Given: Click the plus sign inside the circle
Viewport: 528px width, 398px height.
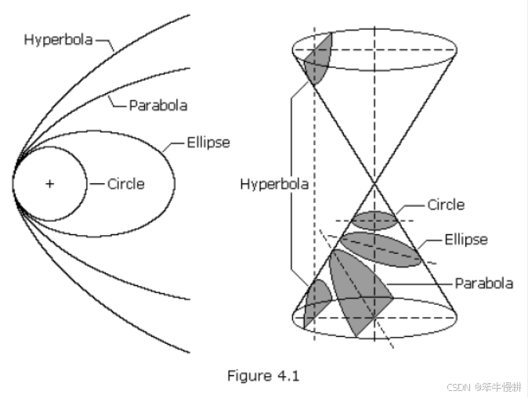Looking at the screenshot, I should tap(50, 184).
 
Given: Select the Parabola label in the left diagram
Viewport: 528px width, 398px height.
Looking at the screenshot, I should tap(157, 104).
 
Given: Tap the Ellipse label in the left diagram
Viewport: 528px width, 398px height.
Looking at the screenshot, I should tap(208, 143).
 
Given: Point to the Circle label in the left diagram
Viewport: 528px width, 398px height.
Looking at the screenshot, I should tap(125, 184).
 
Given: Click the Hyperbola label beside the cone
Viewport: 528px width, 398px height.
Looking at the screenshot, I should tap(273, 185).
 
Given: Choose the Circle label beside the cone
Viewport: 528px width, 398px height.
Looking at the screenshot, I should tap(445, 205).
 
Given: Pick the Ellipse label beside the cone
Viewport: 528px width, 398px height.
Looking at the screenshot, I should tap(465, 239).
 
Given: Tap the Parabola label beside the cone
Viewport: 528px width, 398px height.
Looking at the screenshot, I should tap(483, 283).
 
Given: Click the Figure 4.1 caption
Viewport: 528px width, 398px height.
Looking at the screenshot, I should tap(263, 374).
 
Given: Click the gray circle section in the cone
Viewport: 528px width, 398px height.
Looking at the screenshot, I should tap(374, 220).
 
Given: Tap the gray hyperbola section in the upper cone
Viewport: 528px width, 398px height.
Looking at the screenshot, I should tap(318, 60).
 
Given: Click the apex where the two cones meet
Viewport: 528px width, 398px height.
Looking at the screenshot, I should tap(375, 183).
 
